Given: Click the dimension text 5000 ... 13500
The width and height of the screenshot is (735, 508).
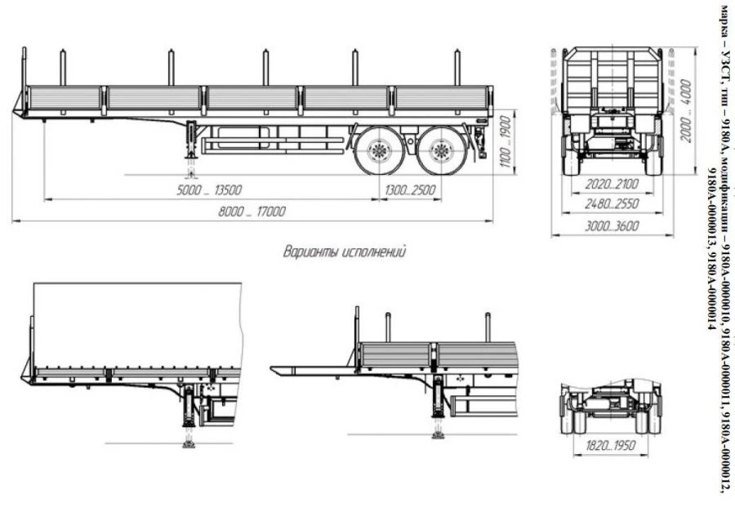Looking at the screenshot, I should pos(208,191).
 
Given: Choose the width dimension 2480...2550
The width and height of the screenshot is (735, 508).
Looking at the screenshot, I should pos(611,203).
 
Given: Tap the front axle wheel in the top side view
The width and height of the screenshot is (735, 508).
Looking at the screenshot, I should pos(378,151).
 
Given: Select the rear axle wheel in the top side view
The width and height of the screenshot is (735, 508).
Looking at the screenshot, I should pos(440,151).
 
